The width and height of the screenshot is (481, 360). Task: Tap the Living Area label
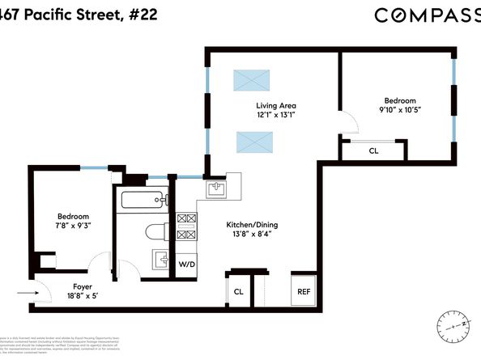click(x=276, y=105)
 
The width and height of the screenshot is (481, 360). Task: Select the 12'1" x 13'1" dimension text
click(x=276, y=116)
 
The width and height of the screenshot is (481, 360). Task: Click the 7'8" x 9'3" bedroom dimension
click(x=73, y=227)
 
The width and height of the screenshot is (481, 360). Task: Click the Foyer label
click(x=82, y=286)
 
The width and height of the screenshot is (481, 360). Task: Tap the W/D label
click(x=186, y=265)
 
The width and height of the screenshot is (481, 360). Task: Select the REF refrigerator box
click(x=304, y=291)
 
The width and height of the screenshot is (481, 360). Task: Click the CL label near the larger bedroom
click(x=373, y=150)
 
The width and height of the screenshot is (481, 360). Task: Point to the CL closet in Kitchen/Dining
click(x=239, y=291)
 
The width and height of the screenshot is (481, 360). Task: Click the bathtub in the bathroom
click(x=143, y=200)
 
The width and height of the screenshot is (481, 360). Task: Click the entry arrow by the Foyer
click(x=27, y=294)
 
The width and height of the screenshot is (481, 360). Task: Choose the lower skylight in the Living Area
click(x=253, y=142)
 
